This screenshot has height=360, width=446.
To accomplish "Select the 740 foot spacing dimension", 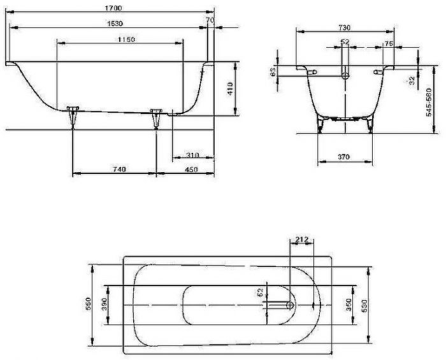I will (x=118, y=169).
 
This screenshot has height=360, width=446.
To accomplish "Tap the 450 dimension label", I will (x=191, y=169).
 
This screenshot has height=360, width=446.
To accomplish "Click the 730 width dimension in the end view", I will (x=345, y=28).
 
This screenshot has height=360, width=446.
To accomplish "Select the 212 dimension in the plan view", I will (x=302, y=240).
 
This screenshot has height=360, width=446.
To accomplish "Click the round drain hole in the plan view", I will (x=291, y=305).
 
